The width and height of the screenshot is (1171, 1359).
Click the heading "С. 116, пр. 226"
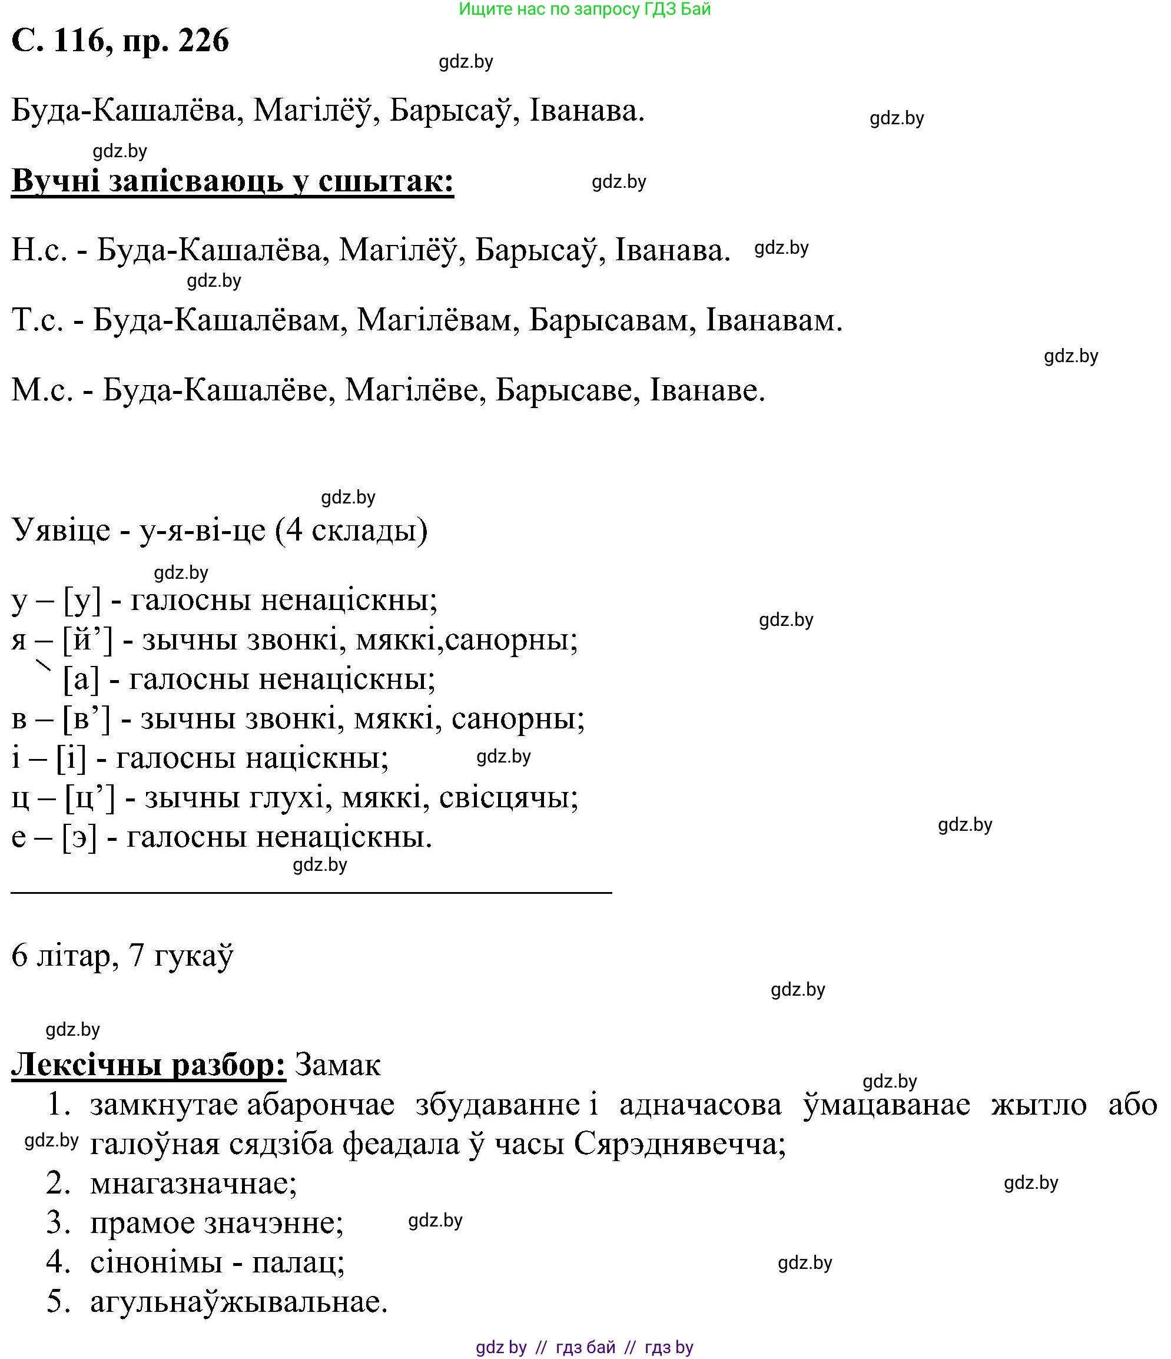click(x=121, y=41)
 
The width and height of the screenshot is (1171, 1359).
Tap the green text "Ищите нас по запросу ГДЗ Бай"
click(x=584, y=9)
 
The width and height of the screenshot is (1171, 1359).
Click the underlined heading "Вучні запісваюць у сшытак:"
click(x=232, y=181)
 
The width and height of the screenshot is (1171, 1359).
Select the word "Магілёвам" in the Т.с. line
click(x=433, y=321)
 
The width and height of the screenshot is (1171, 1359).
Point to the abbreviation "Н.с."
click(x=39, y=251)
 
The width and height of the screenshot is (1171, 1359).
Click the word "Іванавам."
click(x=774, y=321)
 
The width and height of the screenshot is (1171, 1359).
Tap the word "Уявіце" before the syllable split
click(x=61, y=529)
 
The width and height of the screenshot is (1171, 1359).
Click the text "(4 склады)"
click(x=351, y=529)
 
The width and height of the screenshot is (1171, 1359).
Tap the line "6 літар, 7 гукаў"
click(x=122, y=956)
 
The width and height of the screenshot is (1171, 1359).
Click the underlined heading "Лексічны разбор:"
click(x=148, y=1065)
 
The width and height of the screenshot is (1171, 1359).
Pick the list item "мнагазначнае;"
click(x=194, y=1184)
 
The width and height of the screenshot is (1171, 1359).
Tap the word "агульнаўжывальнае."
click(x=238, y=1302)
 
